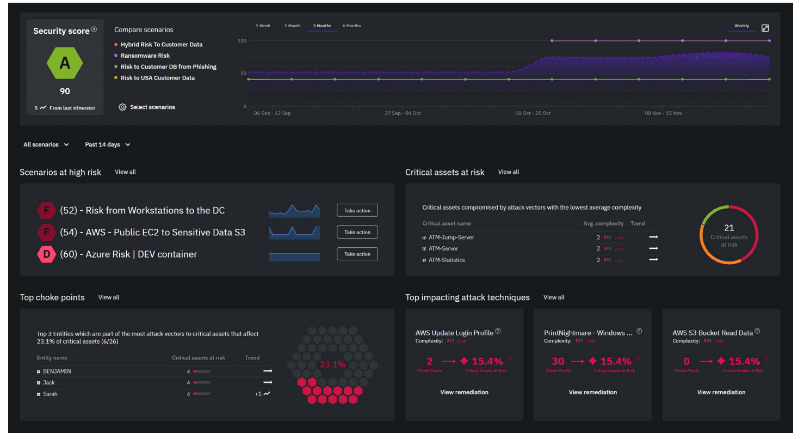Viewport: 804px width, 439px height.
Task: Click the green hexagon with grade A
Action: tap(65, 64)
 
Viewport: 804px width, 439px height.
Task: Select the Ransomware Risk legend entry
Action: tap(145, 56)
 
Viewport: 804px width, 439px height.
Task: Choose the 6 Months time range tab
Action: tap(351, 26)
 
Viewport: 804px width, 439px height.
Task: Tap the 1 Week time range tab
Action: tap(263, 26)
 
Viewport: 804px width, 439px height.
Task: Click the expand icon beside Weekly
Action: tap(765, 28)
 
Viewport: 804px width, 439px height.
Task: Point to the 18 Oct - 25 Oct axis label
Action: tap(533, 113)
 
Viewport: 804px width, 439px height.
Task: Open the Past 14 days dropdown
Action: tap(108, 145)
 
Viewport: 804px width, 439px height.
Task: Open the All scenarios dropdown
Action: tap(46, 145)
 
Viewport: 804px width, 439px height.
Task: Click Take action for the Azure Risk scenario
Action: tap(357, 254)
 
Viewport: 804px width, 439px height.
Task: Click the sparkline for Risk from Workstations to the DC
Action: tap(294, 211)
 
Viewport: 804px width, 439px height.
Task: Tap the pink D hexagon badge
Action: tap(47, 254)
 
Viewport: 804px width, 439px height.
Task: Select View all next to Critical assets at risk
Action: tap(508, 172)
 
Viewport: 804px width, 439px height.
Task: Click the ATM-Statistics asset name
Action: tap(446, 260)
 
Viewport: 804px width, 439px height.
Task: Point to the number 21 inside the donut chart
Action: tap(729, 228)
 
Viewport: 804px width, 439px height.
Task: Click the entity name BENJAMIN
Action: tap(57, 371)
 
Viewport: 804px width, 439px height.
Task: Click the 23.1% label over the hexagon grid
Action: tap(332, 364)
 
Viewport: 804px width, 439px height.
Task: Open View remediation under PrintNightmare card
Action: tap(592, 392)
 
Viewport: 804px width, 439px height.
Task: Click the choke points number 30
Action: tap(558, 361)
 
